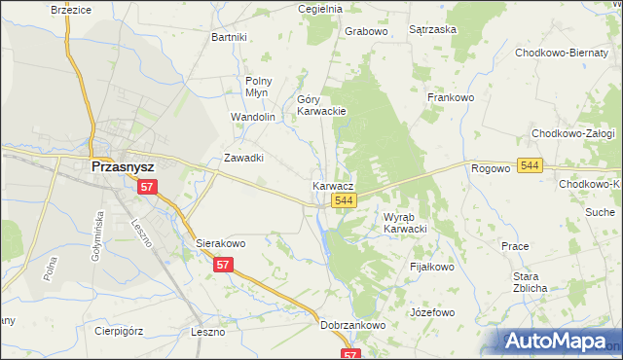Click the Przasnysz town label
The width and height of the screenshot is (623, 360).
[125, 166]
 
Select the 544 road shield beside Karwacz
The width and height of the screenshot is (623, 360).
[343, 199]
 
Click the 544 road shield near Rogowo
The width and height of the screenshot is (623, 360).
[530, 166]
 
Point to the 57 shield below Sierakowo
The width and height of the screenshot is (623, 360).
[225, 264]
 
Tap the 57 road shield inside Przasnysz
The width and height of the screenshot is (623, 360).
[146, 186]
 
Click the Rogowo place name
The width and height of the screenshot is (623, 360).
[491, 168]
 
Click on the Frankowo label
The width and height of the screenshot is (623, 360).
[450, 97]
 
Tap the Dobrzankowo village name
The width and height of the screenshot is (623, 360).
[353, 326]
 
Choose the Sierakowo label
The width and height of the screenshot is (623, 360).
[220, 243]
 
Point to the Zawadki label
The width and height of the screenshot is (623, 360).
[244, 158]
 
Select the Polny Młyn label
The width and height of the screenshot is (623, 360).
[259, 88]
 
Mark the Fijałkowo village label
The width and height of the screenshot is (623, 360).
[432, 266]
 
